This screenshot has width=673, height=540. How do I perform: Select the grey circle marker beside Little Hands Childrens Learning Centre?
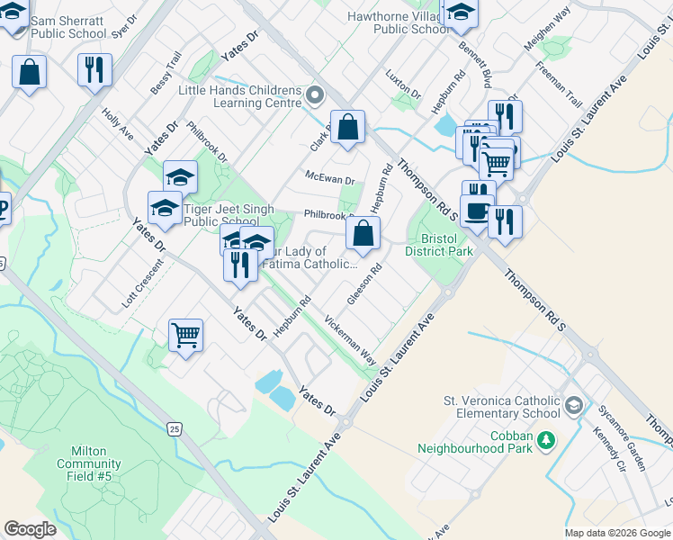click(315, 94)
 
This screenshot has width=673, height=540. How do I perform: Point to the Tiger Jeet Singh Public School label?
click(220, 216)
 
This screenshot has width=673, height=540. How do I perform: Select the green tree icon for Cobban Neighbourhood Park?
click(545, 439)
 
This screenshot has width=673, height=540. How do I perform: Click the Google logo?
click(30, 529)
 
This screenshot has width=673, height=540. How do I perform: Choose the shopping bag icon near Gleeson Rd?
click(362, 235)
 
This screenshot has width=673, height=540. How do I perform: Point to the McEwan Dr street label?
click(330, 179)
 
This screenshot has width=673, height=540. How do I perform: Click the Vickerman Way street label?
click(350, 338)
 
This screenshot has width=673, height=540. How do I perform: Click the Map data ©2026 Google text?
click(617, 533)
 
